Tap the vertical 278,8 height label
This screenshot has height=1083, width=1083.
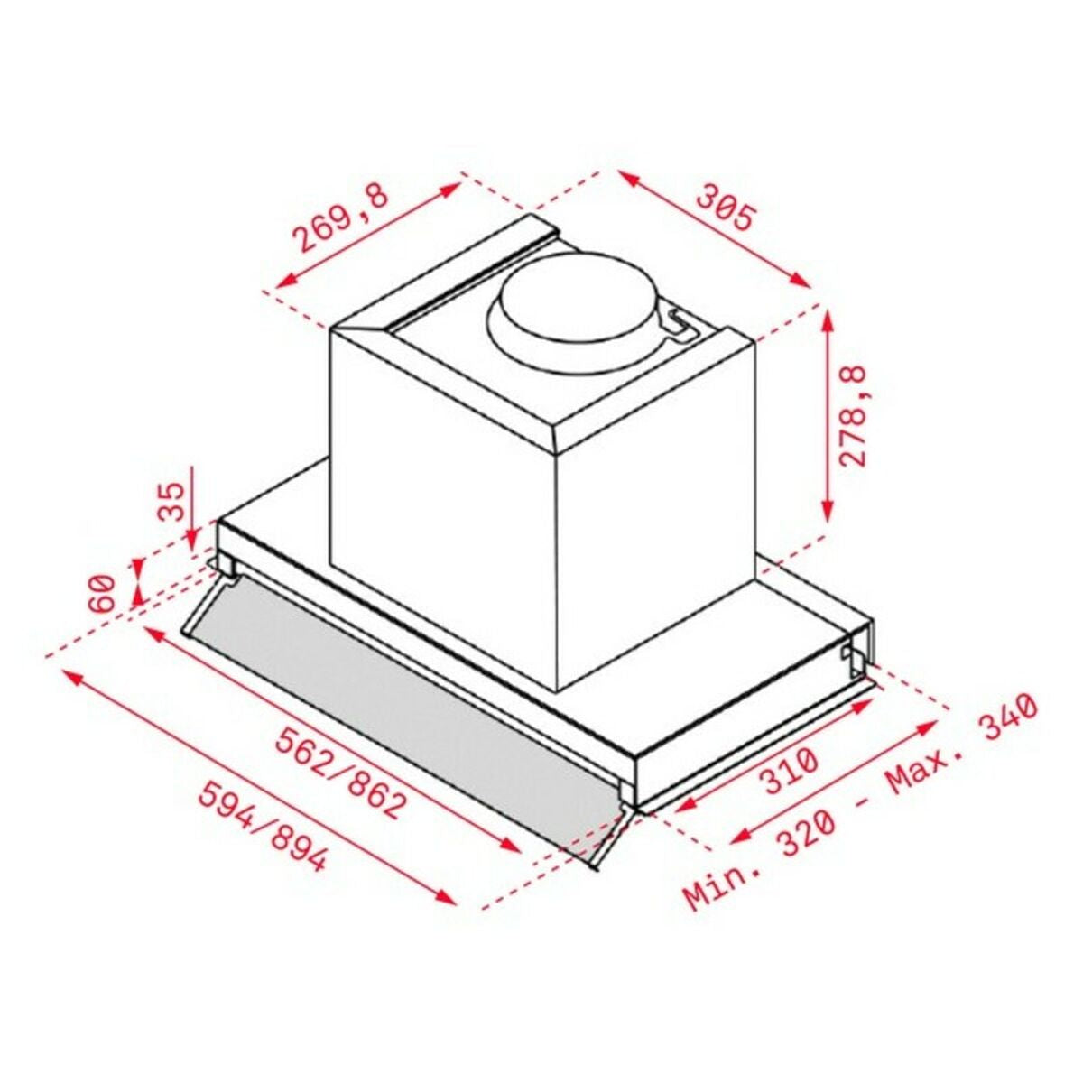click(852, 414)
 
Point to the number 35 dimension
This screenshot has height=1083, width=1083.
click(171, 501)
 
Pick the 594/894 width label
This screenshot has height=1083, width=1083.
click(261, 826)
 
